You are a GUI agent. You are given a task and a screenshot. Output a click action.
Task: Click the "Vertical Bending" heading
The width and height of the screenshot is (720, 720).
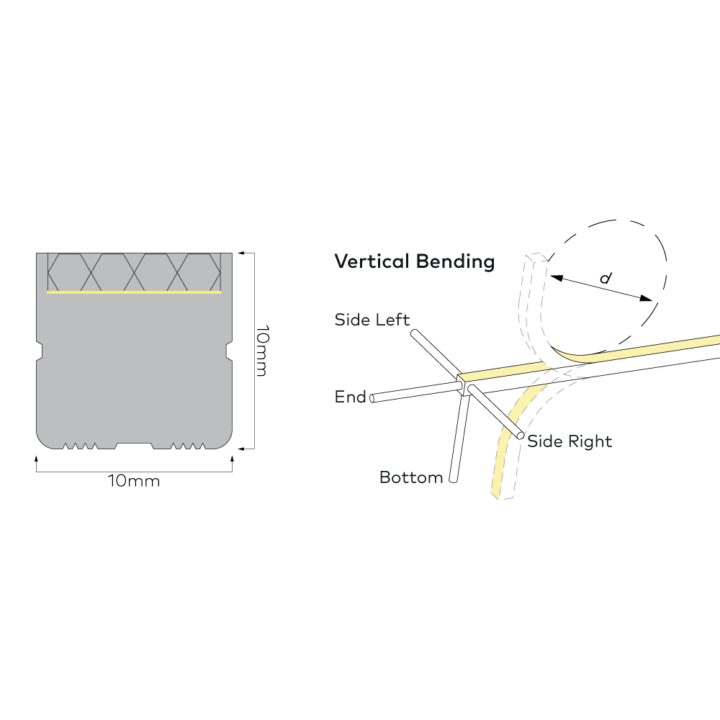[x=414, y=261]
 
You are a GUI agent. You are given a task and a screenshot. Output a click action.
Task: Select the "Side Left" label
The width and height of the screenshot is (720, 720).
[x=372, y=320]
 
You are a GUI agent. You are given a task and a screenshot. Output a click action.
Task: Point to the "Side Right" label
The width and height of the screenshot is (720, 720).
[x=570, y=441]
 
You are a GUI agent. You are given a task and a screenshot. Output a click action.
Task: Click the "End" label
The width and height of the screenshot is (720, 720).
[x=350, y=397]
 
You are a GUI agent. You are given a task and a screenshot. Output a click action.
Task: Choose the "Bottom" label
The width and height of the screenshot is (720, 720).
[x=410, y=477]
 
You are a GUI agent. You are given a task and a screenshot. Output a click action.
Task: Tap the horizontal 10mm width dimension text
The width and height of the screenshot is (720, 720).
[x=134, y=481]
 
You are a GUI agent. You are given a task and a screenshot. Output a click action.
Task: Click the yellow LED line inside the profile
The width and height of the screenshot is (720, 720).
[x=134, y=293]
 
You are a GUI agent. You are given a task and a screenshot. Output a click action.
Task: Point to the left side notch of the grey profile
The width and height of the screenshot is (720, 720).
[x=40, y=351]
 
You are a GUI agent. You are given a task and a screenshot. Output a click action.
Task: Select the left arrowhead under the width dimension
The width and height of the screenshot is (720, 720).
[x=37, y=456]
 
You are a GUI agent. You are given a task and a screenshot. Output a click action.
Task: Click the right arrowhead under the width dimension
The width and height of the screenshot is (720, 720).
[x=232, y=456]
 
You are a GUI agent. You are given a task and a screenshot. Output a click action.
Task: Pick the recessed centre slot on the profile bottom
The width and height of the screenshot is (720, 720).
[x=134, y=446]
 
